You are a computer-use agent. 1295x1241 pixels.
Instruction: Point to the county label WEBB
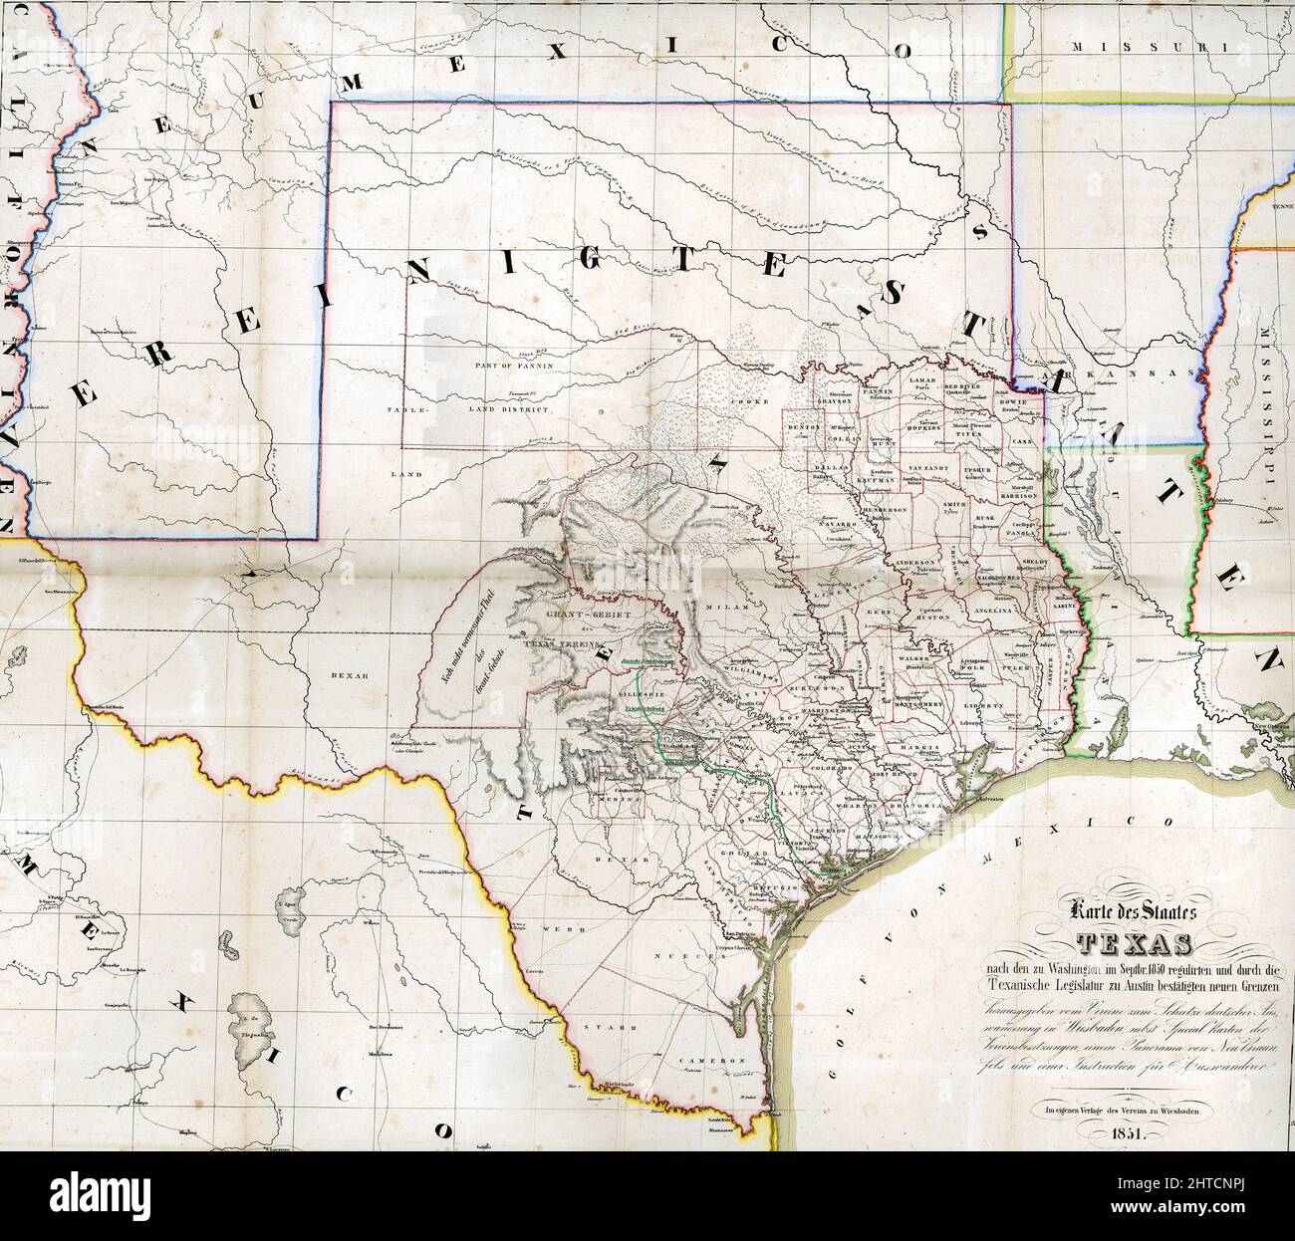[x=555, y=928]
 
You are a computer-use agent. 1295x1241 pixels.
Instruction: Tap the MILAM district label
[x=718, y=607]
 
